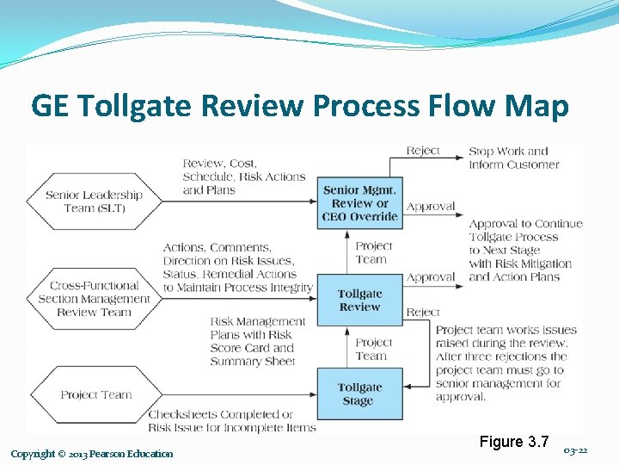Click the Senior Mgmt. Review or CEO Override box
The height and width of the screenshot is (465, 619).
(x=359, y=203)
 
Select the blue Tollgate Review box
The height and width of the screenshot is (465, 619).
(x=359, y=300)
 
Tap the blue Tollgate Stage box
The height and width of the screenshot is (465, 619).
(x=359, y=394)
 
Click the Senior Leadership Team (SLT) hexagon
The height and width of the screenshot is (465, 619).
(x=94, y=201)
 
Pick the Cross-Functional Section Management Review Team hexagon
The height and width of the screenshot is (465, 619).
(x=94, y=299)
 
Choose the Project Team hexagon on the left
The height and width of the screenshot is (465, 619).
(x=95, y=395)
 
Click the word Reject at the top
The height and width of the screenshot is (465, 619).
(x=423, y=151)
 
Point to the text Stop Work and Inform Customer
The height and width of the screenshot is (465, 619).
(x=513, y=158)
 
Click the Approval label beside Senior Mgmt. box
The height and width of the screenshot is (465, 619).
(x=431, y=207)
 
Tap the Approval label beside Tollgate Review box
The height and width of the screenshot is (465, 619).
(x=431, y=278)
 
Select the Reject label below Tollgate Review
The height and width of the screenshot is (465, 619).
(x=423, y=313)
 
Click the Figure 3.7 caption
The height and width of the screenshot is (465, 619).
(x=514, y=442)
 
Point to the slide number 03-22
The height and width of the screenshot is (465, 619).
(x=576, y=450)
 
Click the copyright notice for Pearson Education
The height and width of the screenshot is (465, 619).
(x=92, y=454)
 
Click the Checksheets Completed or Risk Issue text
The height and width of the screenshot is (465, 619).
(x=232, y=421)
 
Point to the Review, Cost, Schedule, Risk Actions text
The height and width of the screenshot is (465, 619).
(x=244, y=177)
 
